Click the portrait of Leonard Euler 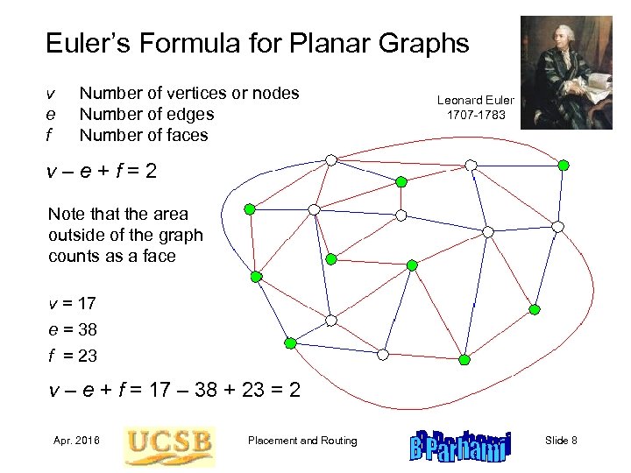565,72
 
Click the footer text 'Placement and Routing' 302,440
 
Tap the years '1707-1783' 476,115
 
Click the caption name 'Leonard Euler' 476,100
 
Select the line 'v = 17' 72,304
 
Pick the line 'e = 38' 72,330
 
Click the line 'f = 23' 72,357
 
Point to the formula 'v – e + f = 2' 103,172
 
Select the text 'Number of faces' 144,135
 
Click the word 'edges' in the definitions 191,114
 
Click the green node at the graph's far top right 564,165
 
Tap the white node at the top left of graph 330,159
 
